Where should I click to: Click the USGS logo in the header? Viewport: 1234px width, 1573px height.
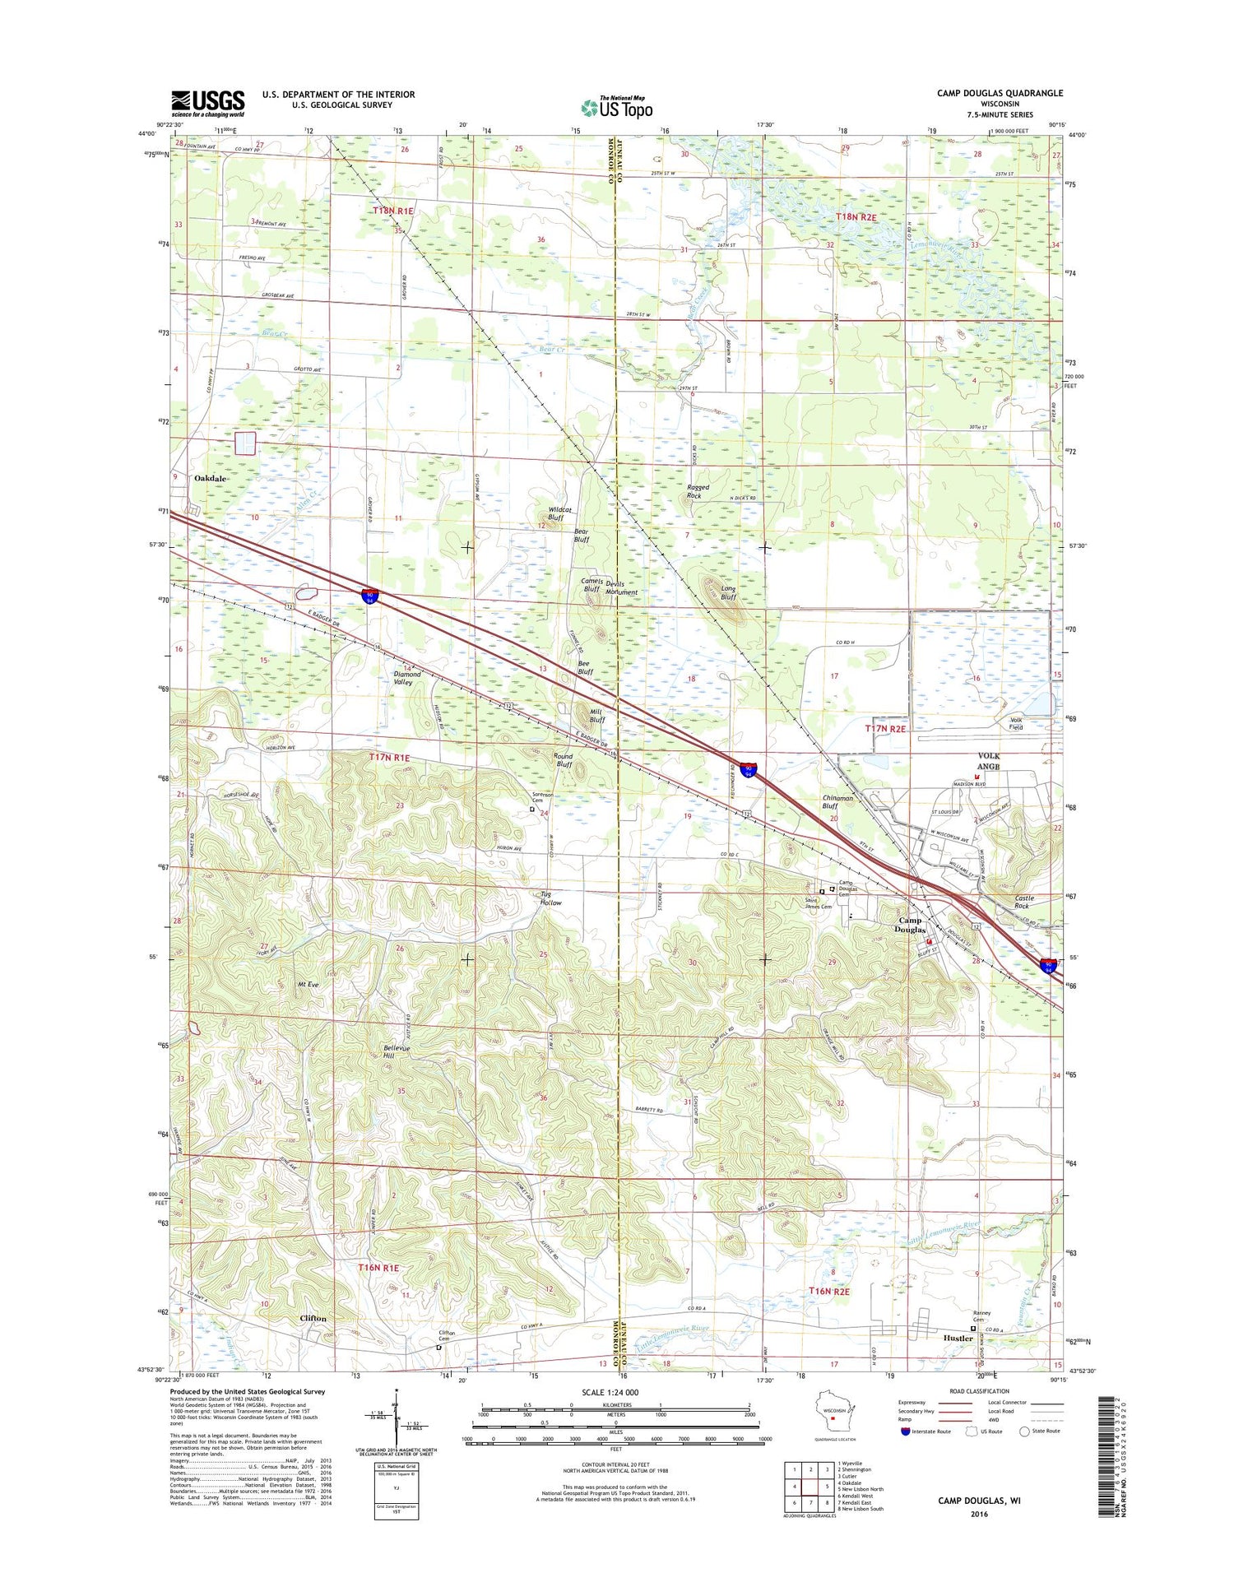click(207, 103)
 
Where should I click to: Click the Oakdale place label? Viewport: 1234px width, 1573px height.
click(210, 478)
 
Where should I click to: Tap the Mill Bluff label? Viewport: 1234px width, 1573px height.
click(597, 716)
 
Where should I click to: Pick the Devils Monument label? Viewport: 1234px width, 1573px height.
click(621, 588)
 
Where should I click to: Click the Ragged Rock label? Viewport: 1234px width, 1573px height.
click(698, 491)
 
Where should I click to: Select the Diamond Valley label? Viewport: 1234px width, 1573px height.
click(407, 678)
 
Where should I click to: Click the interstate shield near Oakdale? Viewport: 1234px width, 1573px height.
click(370, 595)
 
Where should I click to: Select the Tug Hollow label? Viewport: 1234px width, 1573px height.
click(550, 898)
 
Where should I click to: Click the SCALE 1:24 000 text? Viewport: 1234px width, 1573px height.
click(615, 1392)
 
